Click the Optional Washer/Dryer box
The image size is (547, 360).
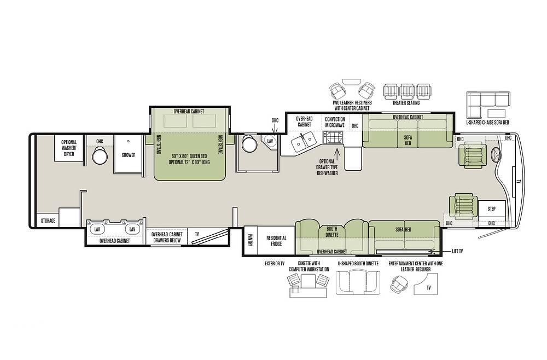[x=69, y=148]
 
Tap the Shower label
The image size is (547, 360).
[x=129, y=155]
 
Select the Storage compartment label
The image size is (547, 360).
[x=48, y=220]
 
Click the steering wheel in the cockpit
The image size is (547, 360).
[x=496, y=154]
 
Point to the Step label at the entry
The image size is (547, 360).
[x=491, y=208]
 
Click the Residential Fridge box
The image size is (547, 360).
[x=276, y=240]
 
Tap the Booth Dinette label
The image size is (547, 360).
[x=332, y=232]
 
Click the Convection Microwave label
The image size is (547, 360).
[x=335, y=122]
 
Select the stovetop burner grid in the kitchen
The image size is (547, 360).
[x=333, y=137]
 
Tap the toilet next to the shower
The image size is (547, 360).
[x=100, y=155]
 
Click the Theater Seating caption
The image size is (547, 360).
[x=406, y=103]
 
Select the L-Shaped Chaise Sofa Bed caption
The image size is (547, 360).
[x=487, y=123]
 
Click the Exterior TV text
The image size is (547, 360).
[x=275, y=264]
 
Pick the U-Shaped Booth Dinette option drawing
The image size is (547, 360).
[x=358, y=283]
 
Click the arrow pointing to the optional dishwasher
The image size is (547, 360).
[x=336, y=153]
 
